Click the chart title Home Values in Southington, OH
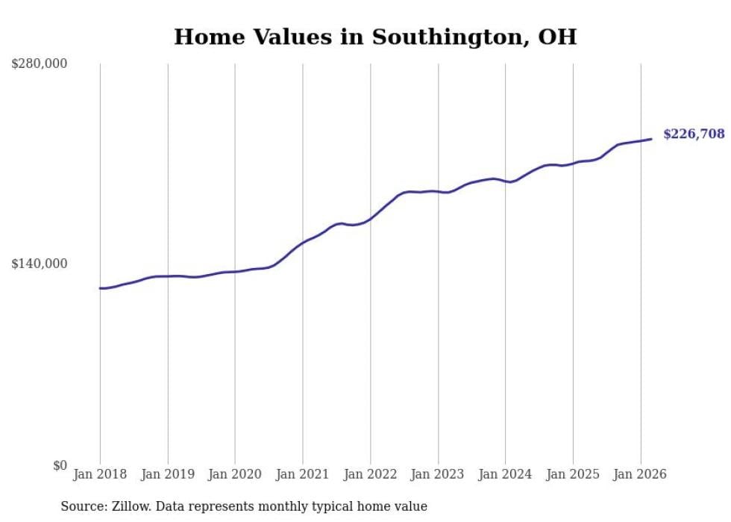pos(374,37)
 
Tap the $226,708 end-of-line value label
pos(694,134)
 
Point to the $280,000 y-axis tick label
pos(40,64)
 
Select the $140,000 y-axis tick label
pos(40,264)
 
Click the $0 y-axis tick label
pos(59,465)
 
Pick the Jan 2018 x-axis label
pos(100,474)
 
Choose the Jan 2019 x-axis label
pos(168,474)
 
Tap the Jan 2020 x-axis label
pos(235,474)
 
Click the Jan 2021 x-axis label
pos(303,474)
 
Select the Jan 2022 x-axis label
pos(370,474)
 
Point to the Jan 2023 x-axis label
pos(438,474)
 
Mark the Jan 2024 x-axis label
pos(505,474)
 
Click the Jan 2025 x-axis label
pos(573,474)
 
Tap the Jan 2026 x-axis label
pos(640,474)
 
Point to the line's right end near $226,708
pos(651,139)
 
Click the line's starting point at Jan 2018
pos(100,288)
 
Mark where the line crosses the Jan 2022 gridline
pos(370,219)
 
